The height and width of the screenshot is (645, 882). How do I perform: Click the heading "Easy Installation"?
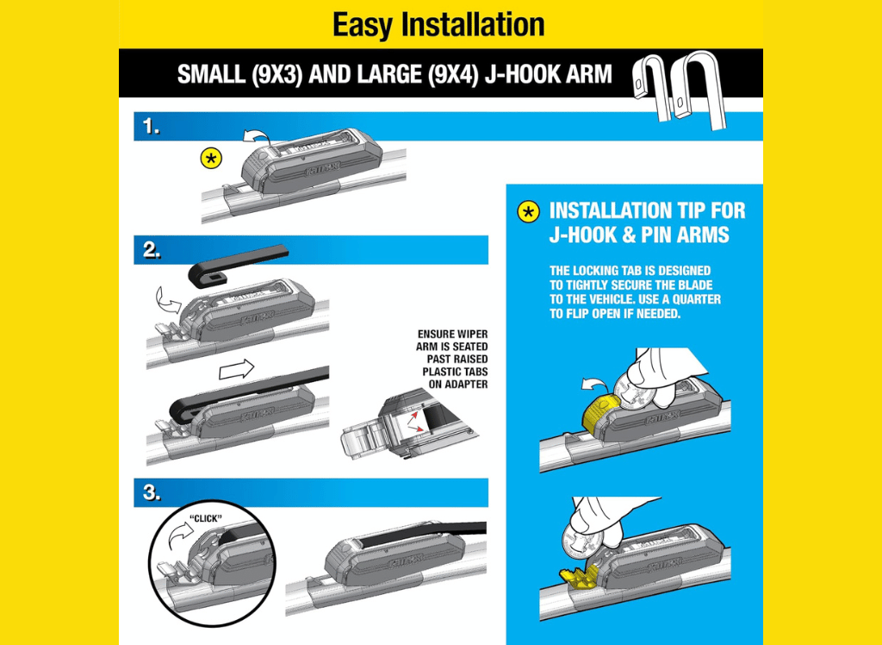tap(438, 25)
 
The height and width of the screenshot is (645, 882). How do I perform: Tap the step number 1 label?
tap(151, 127)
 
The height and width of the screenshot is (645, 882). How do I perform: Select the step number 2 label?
tap(152, 250)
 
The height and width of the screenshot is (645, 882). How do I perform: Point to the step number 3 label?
tap(152, 493)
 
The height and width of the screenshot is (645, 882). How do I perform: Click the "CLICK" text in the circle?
tap(206, 518)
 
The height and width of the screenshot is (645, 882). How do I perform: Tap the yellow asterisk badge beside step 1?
tap(211, 160)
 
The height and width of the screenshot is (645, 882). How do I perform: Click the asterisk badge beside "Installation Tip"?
tap(528, 212)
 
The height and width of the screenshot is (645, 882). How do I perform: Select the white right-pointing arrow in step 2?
tap(236, 370)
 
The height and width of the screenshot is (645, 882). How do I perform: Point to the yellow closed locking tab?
tap(599, 415)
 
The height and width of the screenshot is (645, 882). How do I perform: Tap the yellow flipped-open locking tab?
tap(578, 578)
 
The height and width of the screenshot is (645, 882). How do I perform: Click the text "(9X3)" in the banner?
tap(274, 74)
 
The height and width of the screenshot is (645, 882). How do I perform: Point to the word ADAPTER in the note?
tap(466, 385)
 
